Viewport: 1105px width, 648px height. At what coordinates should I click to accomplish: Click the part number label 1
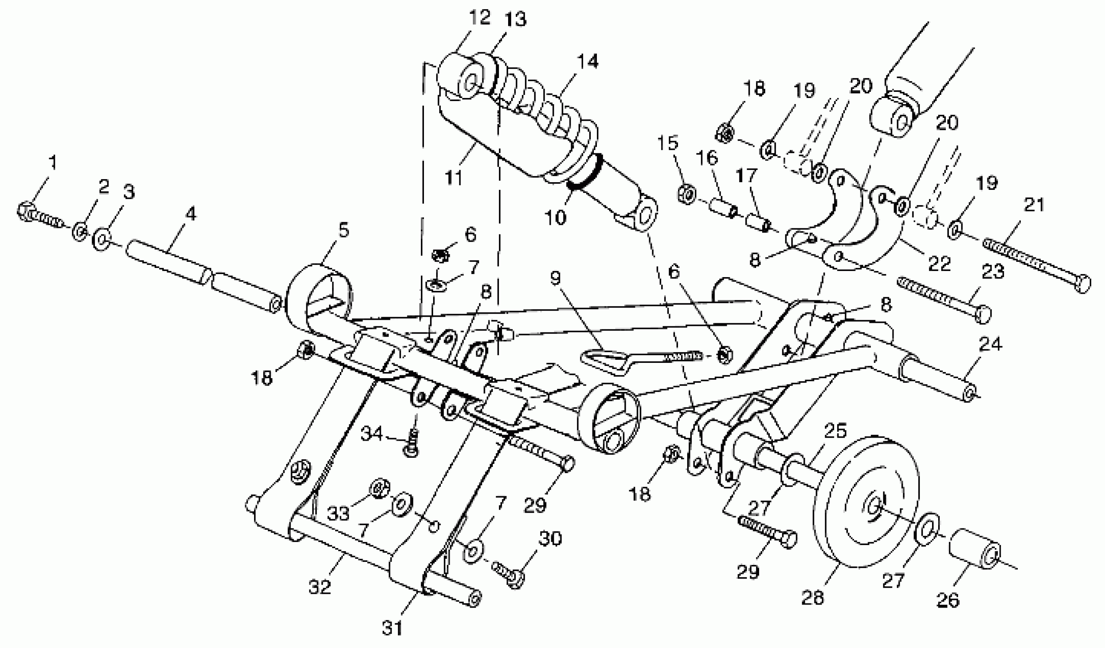53,163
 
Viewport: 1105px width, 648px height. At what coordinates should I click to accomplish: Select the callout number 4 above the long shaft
191,215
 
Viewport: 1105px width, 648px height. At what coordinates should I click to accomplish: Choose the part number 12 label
479,18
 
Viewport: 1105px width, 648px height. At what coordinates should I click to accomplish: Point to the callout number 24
990,345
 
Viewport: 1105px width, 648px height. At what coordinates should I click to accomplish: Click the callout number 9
556,278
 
